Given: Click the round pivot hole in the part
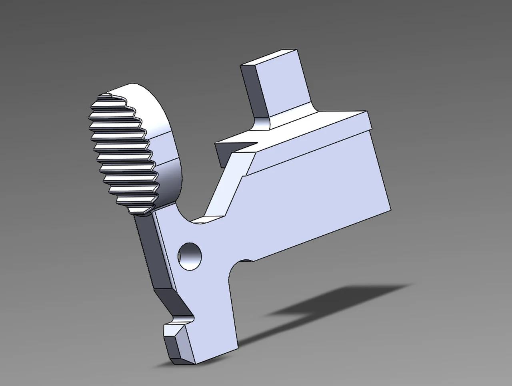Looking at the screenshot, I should (x=190, y=256).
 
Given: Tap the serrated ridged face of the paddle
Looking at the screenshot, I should (x=122, y=152).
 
